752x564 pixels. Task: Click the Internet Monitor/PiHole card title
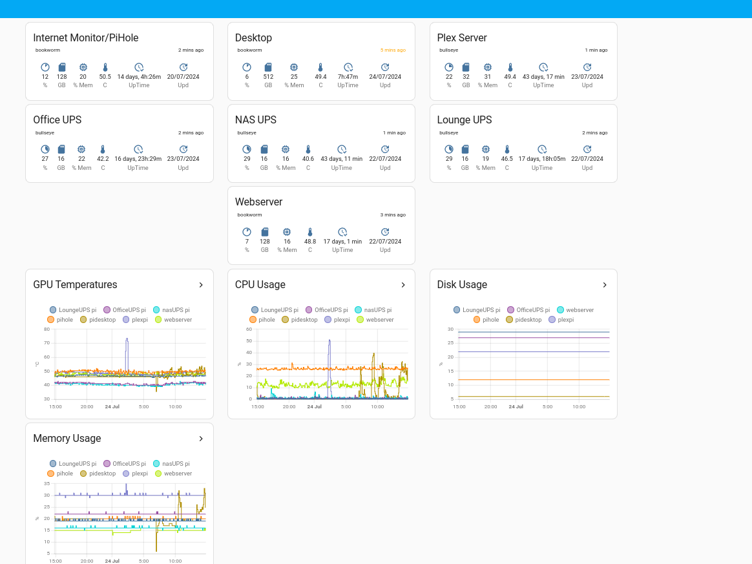(86, 38)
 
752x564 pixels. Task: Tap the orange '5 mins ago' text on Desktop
(393, 50)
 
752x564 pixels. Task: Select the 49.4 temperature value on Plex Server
(510, 77)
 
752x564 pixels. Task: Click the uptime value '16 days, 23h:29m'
(138, 159)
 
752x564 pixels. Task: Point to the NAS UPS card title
(255, 120)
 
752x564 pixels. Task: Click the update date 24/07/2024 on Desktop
(385, 77)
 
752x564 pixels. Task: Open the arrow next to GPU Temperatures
(201, 285)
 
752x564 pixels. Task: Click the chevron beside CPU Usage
(403, 285)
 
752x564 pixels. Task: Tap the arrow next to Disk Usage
(605, 285)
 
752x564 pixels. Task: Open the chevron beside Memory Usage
(201, 439)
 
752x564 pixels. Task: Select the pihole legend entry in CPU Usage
(262, 320)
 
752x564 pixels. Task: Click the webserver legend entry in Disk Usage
(574, 310)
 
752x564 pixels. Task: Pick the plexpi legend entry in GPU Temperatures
(135, 320)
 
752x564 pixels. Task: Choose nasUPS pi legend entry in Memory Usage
(171, 464)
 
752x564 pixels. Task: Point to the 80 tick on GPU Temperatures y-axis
(47, 329)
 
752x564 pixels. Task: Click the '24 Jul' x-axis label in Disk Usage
(516, 407)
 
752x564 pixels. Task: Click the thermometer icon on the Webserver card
(310, 232)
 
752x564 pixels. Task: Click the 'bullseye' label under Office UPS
(45, 132)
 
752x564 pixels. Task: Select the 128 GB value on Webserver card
(265, 242)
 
